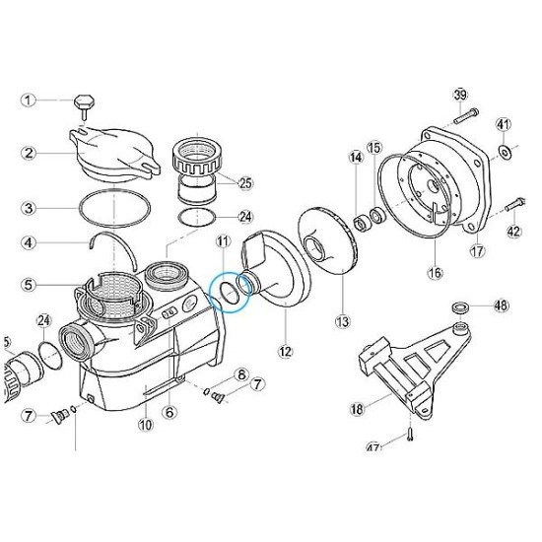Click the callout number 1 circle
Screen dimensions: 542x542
(x=30, y=100)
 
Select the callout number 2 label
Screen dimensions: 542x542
(x=30, y=153)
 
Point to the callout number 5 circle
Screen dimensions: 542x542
(x=30, y=286)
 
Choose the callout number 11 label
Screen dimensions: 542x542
(x=223, y=241)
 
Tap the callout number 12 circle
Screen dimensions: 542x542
(x=286, y=350)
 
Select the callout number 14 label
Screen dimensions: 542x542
(x=355, y=158)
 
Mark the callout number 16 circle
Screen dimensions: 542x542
(x=436, y=272)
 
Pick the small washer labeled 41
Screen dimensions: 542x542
(x=504, y=151)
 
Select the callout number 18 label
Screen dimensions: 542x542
(x=357, y=407)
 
